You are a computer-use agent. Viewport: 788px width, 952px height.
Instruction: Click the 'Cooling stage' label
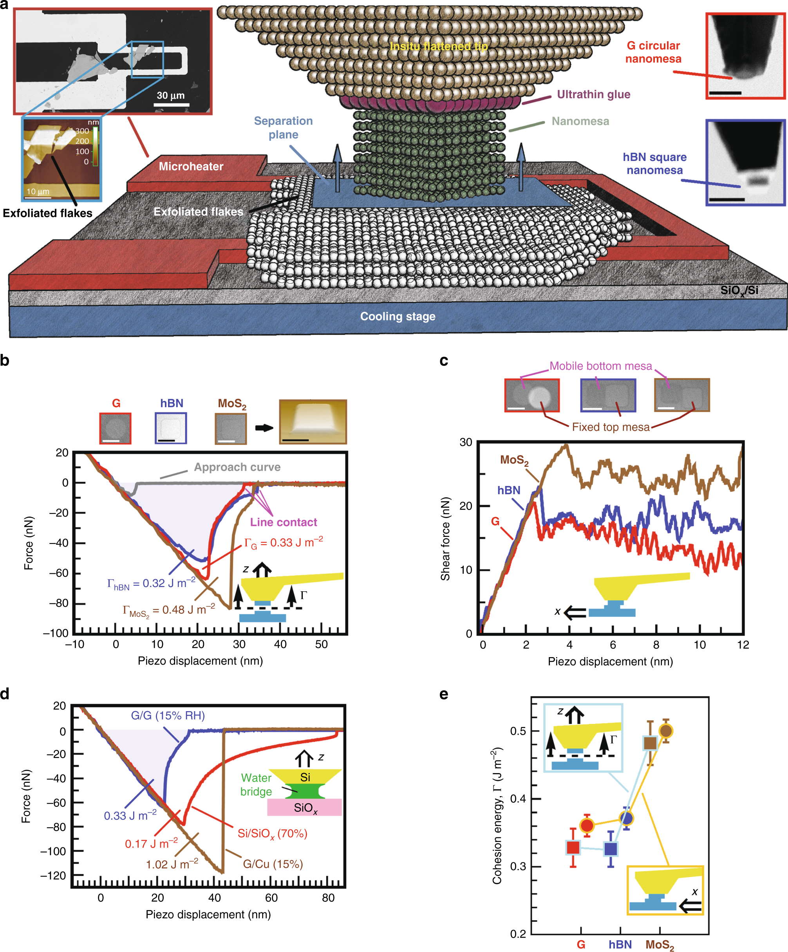click(x=398, y=316)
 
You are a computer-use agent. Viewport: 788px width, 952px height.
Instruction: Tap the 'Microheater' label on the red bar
click(x=191, y=166)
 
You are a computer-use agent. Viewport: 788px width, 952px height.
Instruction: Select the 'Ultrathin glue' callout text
click(x=593, y=94)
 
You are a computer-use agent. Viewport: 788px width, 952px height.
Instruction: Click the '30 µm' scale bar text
click(x=170, y=96)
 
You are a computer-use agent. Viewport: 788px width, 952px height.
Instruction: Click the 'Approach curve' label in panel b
click(x=237, y=467)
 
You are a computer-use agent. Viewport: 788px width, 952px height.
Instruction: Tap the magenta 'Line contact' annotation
click(x=284, y=522)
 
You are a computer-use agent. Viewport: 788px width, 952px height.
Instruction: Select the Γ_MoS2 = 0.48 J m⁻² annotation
click(x=169, y=610)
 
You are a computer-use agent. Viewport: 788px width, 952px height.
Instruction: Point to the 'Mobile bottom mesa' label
click(x=600, y=366)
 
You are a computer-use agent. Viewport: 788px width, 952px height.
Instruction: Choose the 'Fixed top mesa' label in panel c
click(x=610, y=427)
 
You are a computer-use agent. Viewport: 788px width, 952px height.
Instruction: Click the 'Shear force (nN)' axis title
click(x=445, y=538)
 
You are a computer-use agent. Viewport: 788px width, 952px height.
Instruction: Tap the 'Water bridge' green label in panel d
click(x=256, y=785)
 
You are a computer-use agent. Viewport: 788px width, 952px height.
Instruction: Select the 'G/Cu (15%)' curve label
click(x=273, y=864)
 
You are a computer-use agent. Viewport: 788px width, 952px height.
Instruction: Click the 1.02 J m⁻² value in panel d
click(x=172, y=864)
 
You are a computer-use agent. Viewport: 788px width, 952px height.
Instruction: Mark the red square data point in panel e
click(x=573, y=847)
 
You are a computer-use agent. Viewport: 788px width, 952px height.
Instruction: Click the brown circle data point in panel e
click(x=665, y=731)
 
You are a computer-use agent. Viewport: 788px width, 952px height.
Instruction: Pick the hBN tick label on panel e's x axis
click(x=620, y=944)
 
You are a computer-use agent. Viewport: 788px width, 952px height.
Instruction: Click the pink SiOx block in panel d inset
click(x=304, y=807)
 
